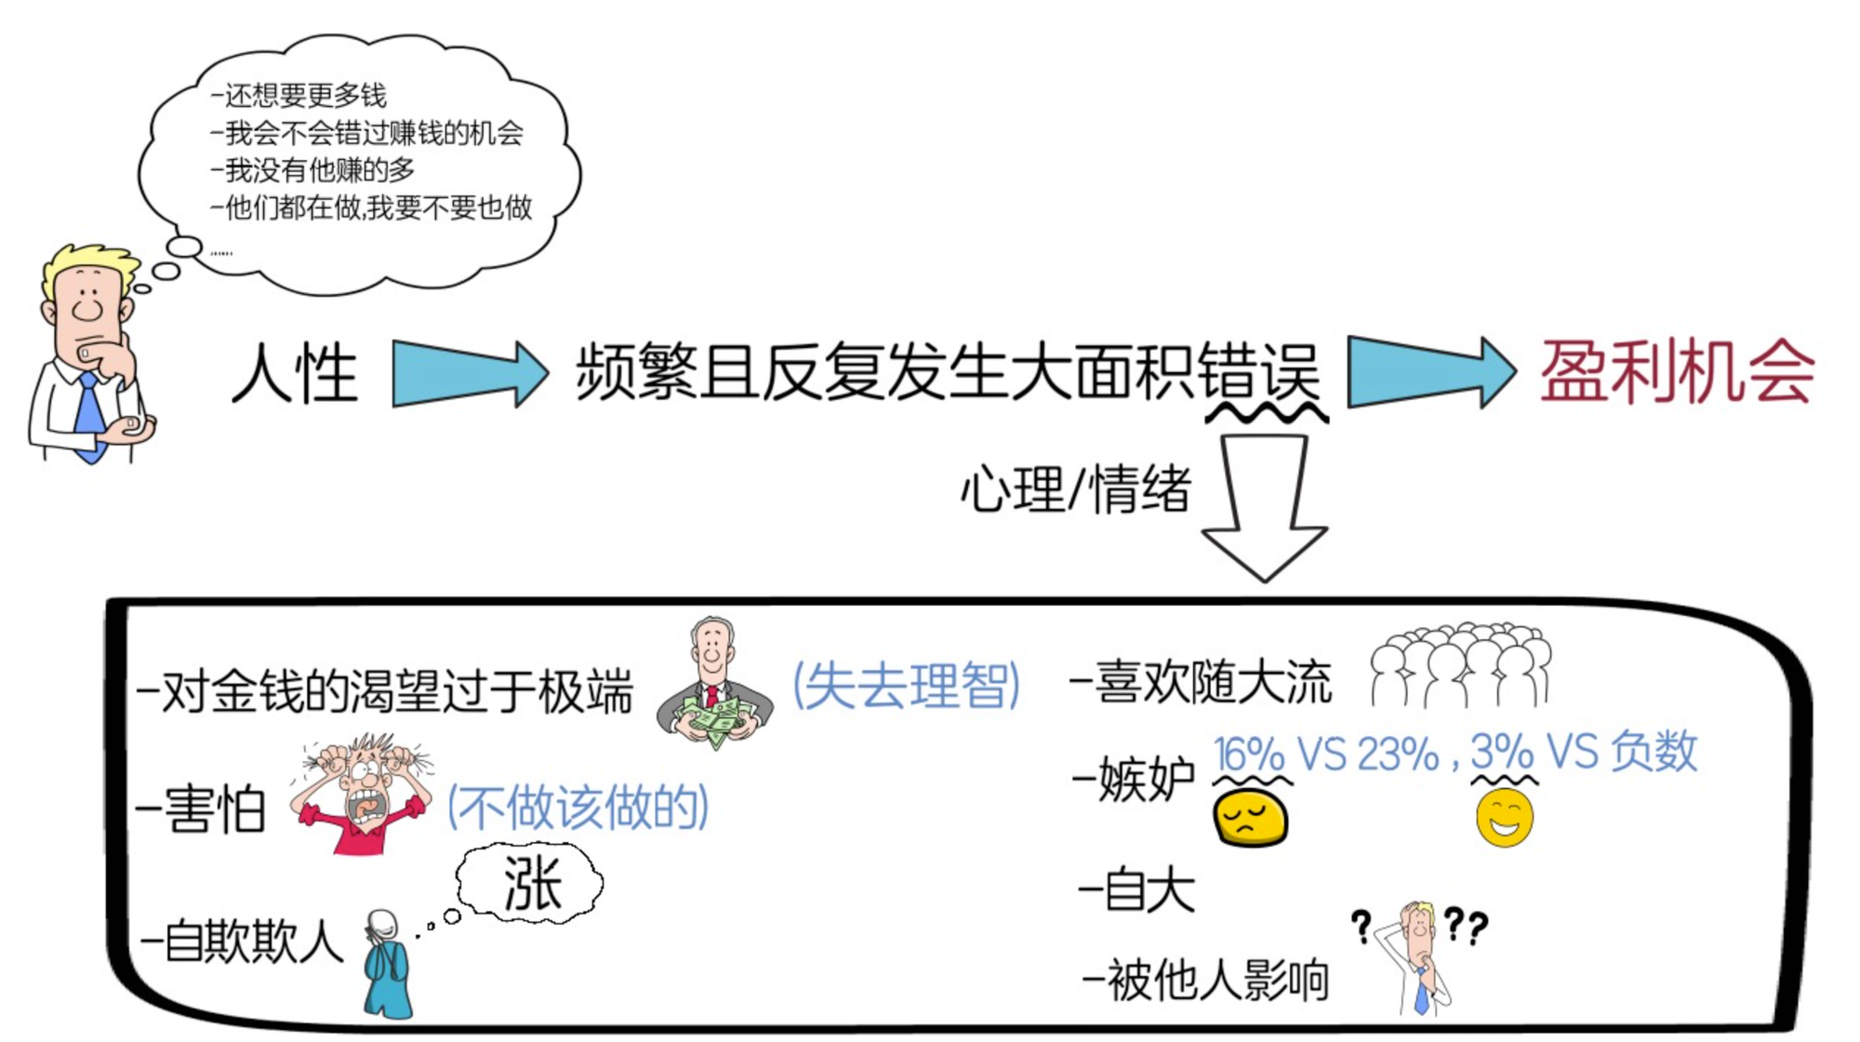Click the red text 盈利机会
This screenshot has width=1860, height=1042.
point(1677,372)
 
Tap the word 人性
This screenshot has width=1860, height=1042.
point(295,374)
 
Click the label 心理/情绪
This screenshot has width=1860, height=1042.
point(1075,488)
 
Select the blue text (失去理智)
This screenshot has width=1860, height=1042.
point(906,686)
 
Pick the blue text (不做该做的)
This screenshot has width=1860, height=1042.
point(578,806)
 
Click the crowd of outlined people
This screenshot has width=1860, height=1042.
point(1460,665)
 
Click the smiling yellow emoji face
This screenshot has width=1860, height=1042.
point(1504,817)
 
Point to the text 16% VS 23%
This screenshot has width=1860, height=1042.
point(1326,754)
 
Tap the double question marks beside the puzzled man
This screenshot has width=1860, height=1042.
point(1466,926)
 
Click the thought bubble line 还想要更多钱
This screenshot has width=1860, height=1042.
point(299,95)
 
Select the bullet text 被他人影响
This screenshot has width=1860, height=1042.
point(1209,981)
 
